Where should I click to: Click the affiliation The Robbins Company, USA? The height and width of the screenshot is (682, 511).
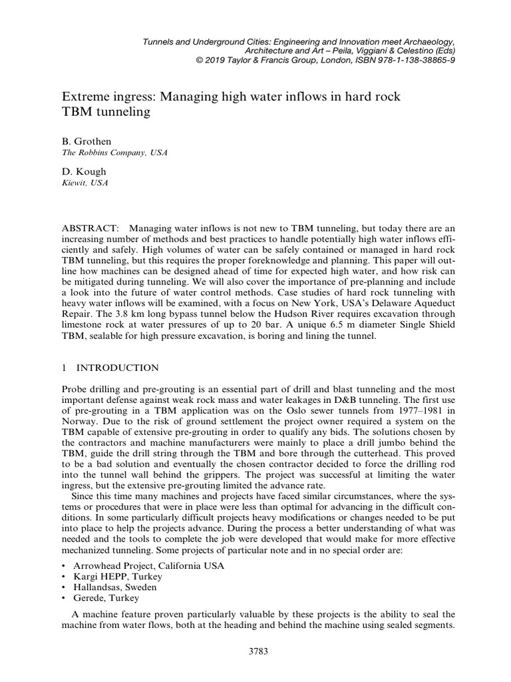tap(114, 153)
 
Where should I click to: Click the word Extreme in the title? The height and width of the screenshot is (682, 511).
tap(85, 97)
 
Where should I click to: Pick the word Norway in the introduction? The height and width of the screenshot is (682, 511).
tap(79, 421)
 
